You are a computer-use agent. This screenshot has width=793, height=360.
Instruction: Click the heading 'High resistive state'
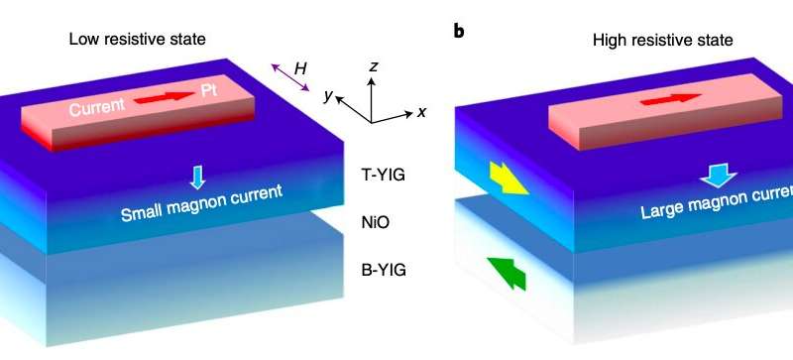(x=650, y=40)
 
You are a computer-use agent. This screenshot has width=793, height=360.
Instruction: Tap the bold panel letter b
(x=458, y=31)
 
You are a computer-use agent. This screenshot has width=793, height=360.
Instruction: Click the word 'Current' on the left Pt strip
(x=97, y=107)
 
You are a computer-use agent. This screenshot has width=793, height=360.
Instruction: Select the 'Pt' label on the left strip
(x=208, y=90)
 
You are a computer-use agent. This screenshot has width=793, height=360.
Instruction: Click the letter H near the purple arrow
(x=300, y=67)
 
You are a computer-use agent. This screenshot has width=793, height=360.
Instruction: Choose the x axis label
(x=421, y=112)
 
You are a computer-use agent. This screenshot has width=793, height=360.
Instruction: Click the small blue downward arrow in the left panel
(x=196, y=177)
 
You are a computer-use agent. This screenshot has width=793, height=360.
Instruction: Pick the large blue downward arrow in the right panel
(x=714, y=177)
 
